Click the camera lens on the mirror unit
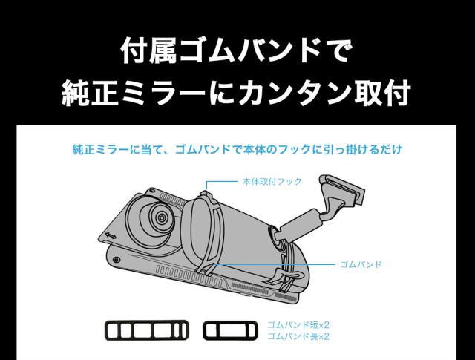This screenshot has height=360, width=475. point(158,217)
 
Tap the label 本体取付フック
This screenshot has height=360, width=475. point(272,180)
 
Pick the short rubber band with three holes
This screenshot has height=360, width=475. point(230,330)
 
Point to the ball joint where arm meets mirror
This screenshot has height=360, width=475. point(282,237)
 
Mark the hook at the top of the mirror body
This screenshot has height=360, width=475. point(206,194)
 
